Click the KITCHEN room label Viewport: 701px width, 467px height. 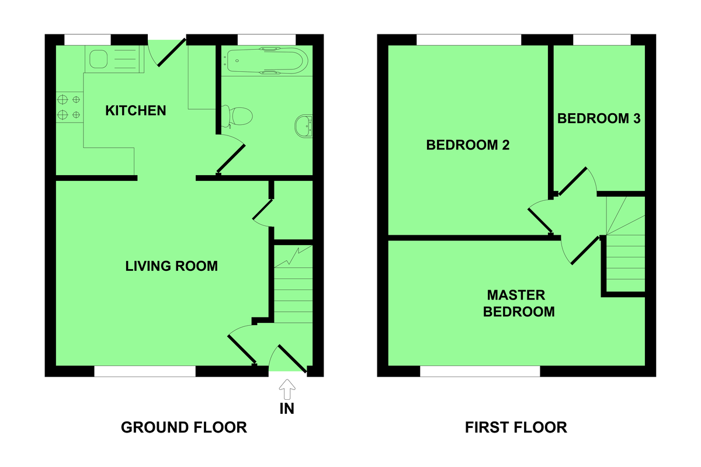point(136,110)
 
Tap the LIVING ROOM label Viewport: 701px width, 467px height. point(172,266)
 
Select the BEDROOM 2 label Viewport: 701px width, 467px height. point(468,145)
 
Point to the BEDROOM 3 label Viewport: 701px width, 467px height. point(599,119)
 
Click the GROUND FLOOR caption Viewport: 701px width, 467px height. point(184,427)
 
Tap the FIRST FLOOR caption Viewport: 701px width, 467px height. point(516,427)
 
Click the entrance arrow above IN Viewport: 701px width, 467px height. point(287,388)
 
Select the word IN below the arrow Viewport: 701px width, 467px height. point(287,409)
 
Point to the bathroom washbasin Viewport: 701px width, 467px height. point(304,124)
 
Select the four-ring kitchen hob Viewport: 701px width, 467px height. point(69,107)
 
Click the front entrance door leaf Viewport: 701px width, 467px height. point(291,358)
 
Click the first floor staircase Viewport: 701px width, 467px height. point(626,245)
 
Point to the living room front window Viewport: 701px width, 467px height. point(145,371)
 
